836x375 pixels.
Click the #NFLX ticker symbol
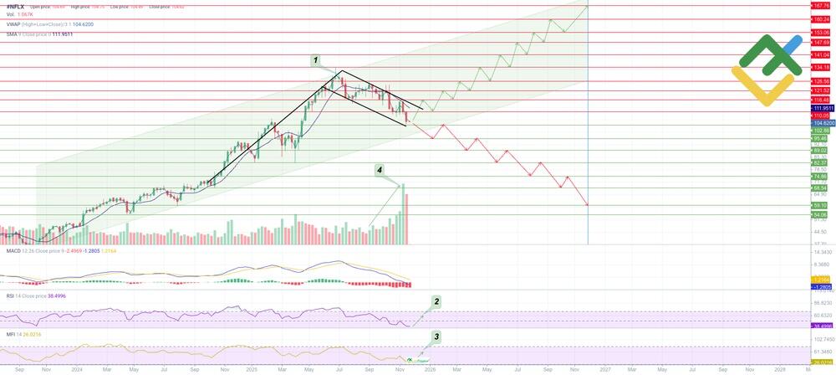[14, 7]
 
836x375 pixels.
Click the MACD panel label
[13, 250]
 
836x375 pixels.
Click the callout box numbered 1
[316, 60]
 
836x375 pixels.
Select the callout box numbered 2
[436, 300]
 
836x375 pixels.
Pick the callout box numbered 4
[380, 169]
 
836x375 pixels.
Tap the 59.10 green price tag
[820, 205]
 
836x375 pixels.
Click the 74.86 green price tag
[820, 177]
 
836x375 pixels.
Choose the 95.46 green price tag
[820, 138]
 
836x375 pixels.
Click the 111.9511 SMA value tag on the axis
[822, 109]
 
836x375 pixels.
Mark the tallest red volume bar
[406, 219]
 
